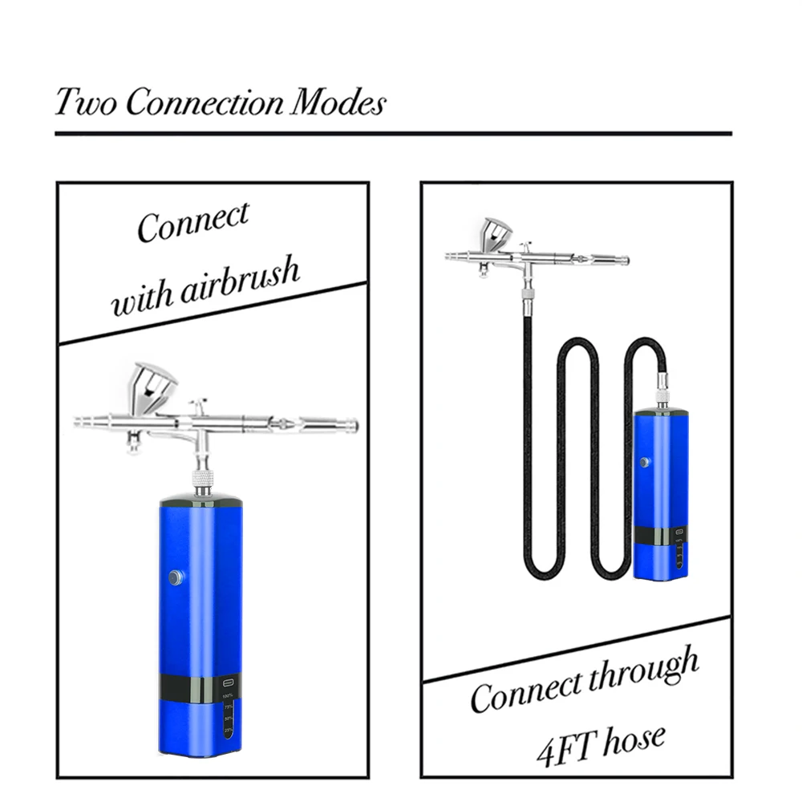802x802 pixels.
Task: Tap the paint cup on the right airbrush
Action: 496,234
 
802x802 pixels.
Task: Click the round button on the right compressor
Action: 643,463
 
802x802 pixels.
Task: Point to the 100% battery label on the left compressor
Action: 228,694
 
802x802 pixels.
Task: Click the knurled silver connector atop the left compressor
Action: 203,482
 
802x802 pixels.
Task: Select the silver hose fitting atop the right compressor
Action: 662,390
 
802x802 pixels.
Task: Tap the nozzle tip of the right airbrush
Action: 448,257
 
